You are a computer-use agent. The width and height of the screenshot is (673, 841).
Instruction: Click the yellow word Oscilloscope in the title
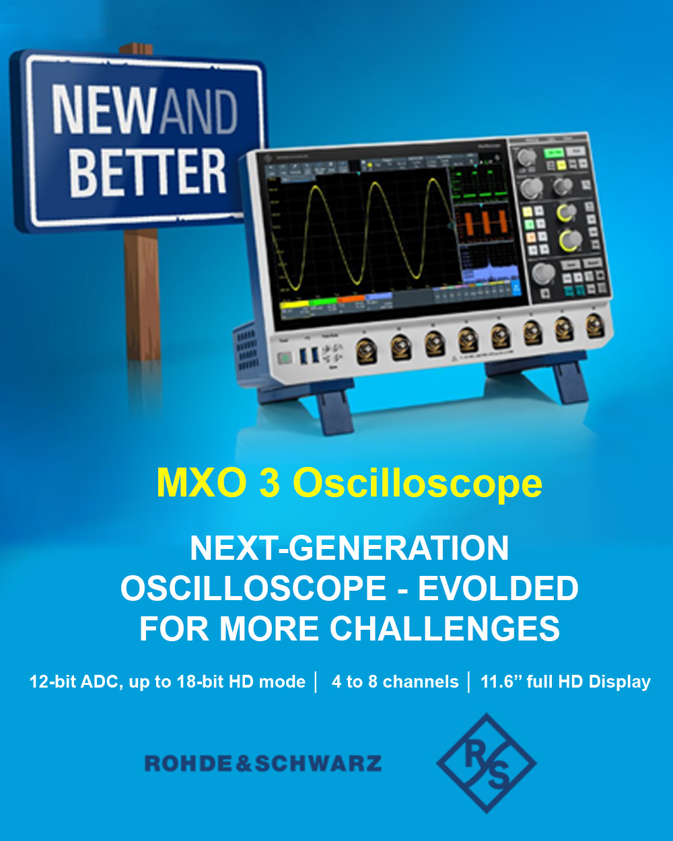point(417,483)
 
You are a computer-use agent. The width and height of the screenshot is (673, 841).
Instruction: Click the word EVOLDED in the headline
point(498,589)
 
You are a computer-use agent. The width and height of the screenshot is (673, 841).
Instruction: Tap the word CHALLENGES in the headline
point(445,629)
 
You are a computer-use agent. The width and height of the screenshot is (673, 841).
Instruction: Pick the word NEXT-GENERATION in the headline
point(349,548)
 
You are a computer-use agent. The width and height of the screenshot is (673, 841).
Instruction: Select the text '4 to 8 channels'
point(395,682)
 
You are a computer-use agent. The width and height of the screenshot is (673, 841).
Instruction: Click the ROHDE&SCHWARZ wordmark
point(263,764)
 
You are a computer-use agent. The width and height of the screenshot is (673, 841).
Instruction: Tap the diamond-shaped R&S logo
point(486,763)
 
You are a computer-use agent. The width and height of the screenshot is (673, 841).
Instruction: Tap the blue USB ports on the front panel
point(310,355)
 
